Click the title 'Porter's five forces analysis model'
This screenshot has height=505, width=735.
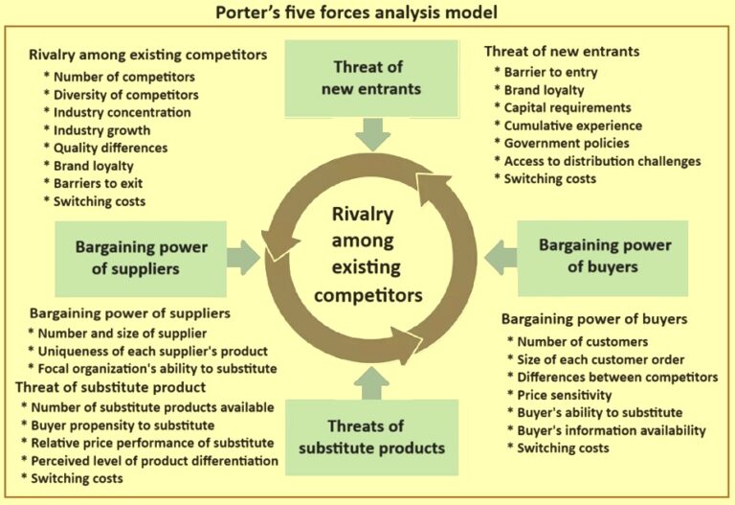367,13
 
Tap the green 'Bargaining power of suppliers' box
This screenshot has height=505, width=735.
141,257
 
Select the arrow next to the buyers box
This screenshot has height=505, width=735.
501,256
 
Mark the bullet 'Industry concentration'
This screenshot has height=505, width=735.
122,112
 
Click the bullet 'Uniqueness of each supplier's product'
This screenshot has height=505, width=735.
152,350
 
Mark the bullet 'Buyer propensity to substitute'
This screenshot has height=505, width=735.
130,424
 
